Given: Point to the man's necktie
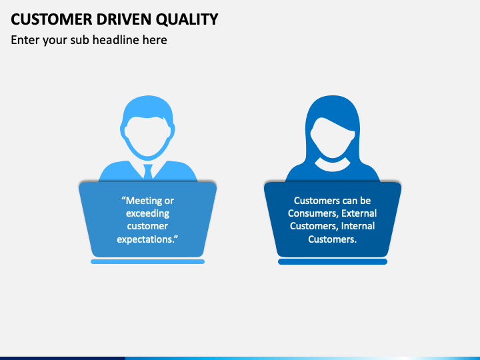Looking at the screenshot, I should [148, 171].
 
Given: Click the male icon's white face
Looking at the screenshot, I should [148, 136].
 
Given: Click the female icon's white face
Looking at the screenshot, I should [333, 136].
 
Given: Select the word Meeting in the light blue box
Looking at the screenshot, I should [150, 201].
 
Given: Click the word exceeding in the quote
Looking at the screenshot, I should [147, 213].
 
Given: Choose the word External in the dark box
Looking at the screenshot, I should [359, 213].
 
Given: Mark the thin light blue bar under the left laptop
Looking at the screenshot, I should [147, 262].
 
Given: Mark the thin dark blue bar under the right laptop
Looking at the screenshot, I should [333, 262].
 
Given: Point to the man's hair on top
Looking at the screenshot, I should [148, 107].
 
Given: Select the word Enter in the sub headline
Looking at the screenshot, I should [25, 40].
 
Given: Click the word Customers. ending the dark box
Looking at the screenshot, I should [333, 239].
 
